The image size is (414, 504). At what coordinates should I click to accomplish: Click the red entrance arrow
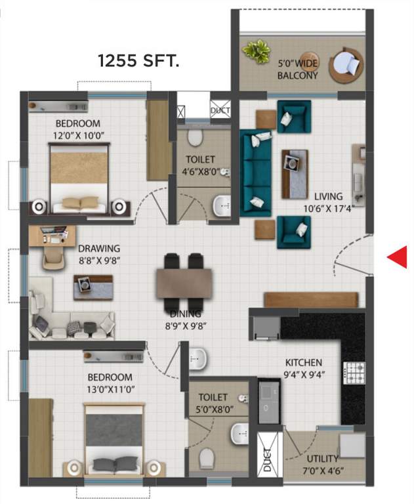click(396, 258)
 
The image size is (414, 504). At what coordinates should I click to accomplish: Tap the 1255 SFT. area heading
click(139, 62)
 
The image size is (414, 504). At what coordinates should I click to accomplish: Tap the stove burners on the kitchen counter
click(355, 373)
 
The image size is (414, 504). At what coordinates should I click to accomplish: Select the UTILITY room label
click(322, 463)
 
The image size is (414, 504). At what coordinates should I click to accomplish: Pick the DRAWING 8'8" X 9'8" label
click(99, 253)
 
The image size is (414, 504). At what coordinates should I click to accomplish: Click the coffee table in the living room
click(295, 170)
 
